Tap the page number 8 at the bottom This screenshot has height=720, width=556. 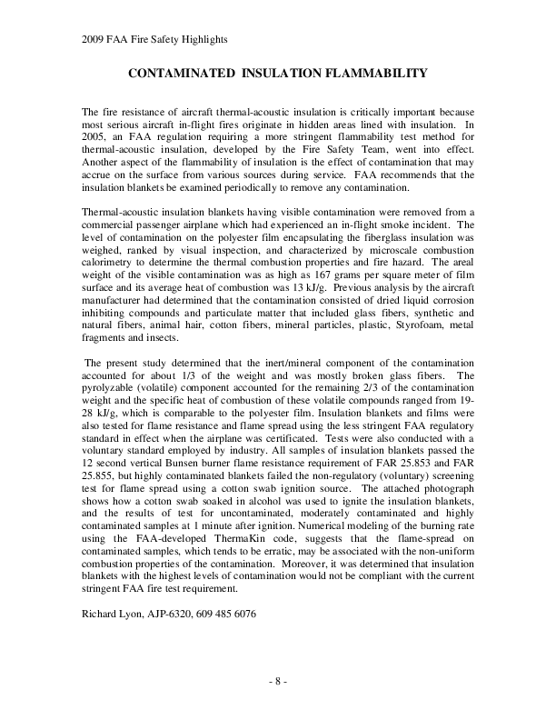278,680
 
